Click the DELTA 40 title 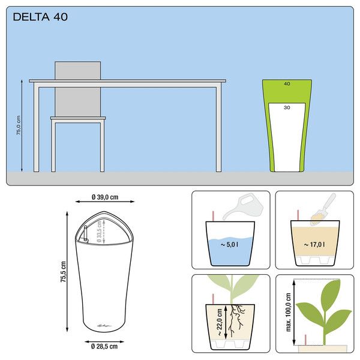tap(40, 17)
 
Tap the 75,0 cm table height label tap(19, 125)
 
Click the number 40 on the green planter tap(287, 84)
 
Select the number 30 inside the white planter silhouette tap(287, 107)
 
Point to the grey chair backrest tap(77, 89)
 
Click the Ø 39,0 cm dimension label tap(105, 197)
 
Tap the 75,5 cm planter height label tap(63, 272)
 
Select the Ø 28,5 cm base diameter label tap(104, 346)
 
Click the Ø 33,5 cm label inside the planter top tap(99, 232)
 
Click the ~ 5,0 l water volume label tap(229, 245)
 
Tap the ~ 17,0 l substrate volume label tap(314, 245)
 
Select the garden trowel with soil tap(323, 209)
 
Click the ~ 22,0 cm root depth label tap(219, 322)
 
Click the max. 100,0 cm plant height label tap(289, 312)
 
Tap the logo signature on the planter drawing tap(104, 325)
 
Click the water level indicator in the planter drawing tap(85, 233)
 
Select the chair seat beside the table tap(78, 118)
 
